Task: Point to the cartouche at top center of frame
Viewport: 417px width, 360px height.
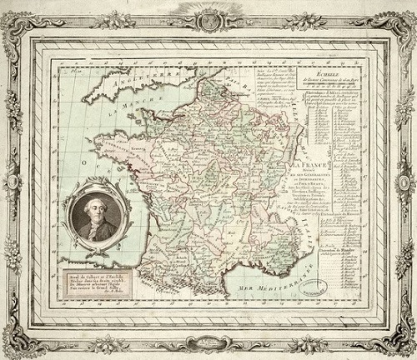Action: pyautogui.click(x=208, y=18)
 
